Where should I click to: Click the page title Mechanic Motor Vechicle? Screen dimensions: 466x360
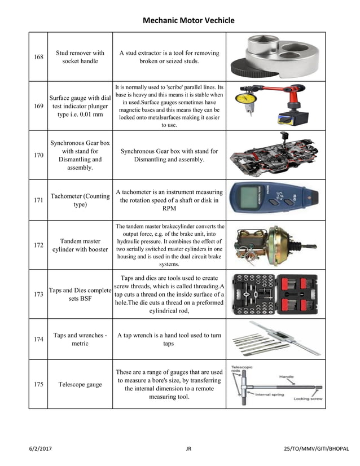click(x=188, y=21)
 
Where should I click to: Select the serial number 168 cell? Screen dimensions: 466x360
click(x=38, y=57)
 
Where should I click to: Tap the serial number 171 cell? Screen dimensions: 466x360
click(x=38, y=200)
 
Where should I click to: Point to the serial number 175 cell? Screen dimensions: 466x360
click(x=38, y=384)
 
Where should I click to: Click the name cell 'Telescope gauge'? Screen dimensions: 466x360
click(x=80, y=384)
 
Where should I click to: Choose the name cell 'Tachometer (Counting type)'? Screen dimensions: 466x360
click(x=80, y=200)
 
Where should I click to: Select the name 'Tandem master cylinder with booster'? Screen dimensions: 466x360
click(x=80, y=245)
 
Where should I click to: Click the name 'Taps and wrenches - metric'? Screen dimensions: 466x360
click(x=80, y=339)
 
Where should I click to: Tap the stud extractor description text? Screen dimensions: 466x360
click(x=169, y=57)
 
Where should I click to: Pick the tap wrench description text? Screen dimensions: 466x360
click(x=169, y=339)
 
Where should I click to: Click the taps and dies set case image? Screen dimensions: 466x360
click(x=275, y=294)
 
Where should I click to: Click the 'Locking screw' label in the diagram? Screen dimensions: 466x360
click(x=308, y=399)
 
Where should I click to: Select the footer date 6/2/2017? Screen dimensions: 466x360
click(x=42, y=449)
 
